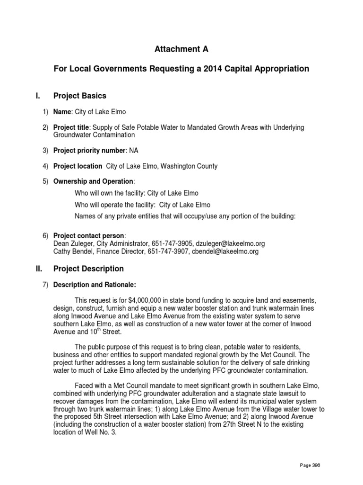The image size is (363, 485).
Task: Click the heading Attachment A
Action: click(x=181, y=49)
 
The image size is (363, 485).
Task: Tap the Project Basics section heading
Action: click(x=80, y=96)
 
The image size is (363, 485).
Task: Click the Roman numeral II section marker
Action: click(x=39, y=269)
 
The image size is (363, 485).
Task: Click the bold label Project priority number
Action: click(x=88, y=151)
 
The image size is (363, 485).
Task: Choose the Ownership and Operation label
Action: click(x=94, y=181)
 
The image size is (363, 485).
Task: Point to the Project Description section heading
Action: click(x=88, y=269)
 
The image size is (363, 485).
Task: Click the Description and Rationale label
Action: click(x=95, y=285)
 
